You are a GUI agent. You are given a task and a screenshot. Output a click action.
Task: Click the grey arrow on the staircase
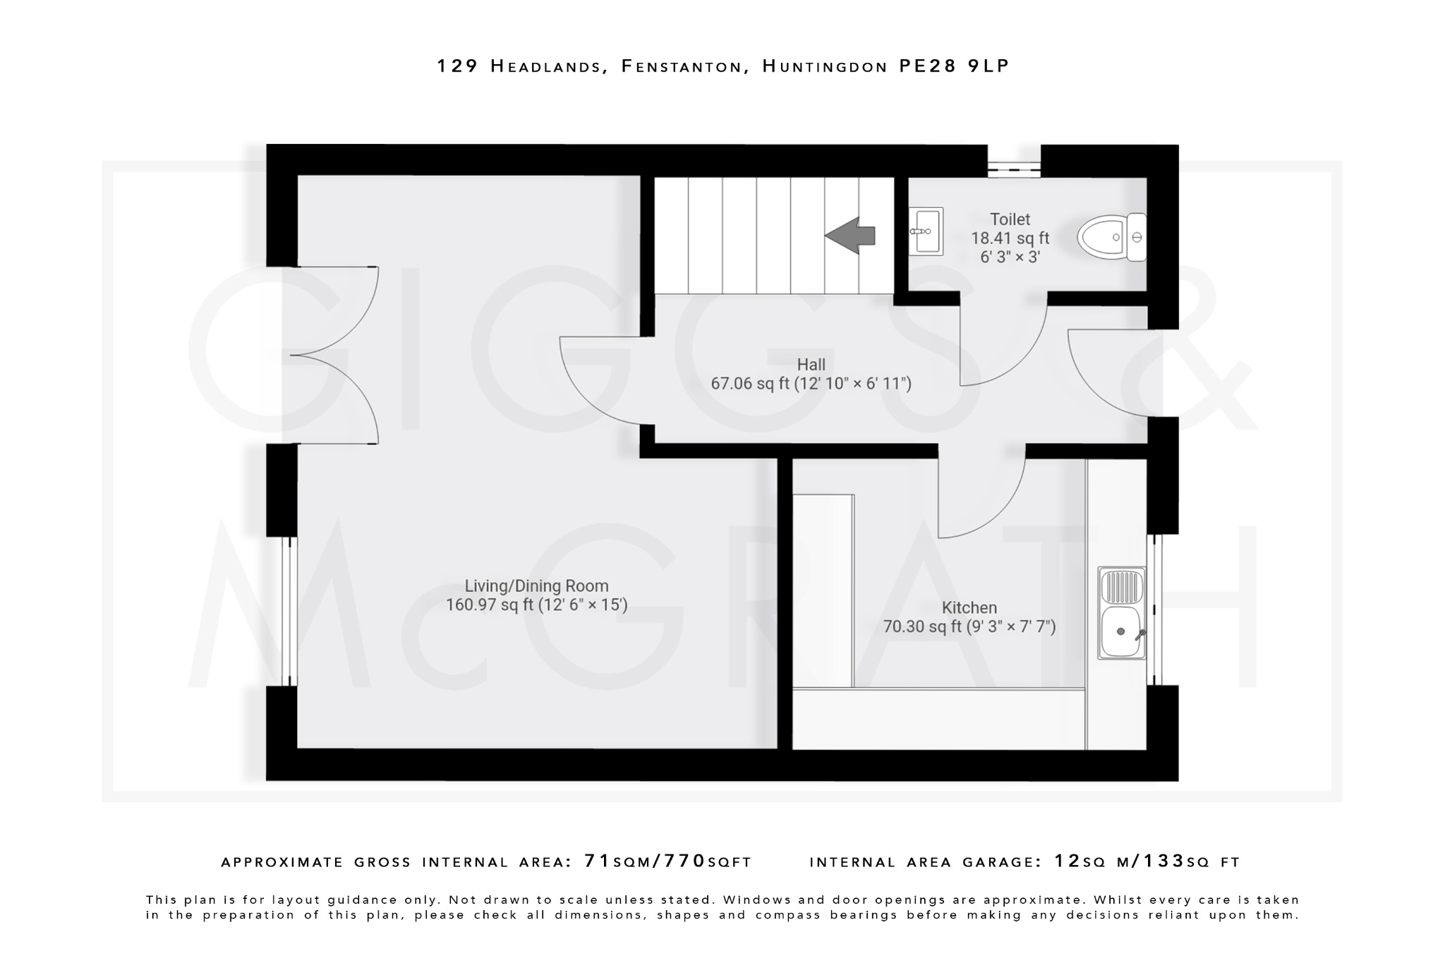coord(850,235)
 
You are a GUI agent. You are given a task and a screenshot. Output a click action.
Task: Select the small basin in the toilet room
coord(926,231)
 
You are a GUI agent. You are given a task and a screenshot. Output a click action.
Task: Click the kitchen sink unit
coord(1121,612)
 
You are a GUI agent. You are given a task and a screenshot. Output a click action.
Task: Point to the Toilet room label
coord(1010,219)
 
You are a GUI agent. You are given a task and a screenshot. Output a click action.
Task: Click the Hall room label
coord(811,365)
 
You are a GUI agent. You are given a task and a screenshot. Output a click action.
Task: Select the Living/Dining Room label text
coord(536,586)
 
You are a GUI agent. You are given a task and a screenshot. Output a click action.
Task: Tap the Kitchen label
coord(969,607)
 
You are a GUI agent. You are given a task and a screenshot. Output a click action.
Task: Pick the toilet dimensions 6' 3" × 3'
coord(1010,257)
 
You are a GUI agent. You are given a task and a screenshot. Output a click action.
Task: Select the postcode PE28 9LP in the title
coord(954,66)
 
